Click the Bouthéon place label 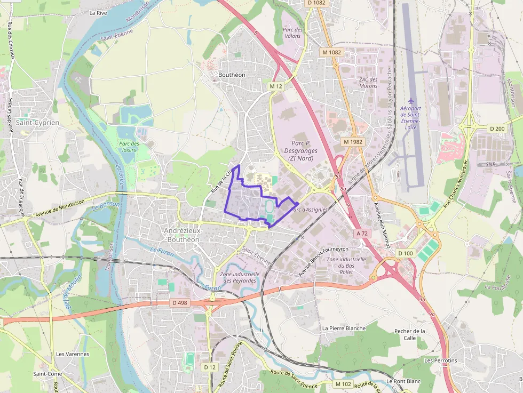(232, 75)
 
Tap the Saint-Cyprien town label (37, 122)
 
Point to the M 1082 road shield (331, 52)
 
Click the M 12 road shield (275, 86)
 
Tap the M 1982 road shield (353, 142)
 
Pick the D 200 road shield (497, 129)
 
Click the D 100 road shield (406, 253)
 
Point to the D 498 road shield (180, 303)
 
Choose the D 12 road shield (210, 367)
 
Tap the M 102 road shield (343, 384)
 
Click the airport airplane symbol (410, 100)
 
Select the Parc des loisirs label (129, 147)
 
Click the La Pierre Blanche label (344, 328)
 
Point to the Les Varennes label (73, 354)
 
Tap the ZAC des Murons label (368, 83)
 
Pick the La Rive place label (98, 12)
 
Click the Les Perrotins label (440, 360)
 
